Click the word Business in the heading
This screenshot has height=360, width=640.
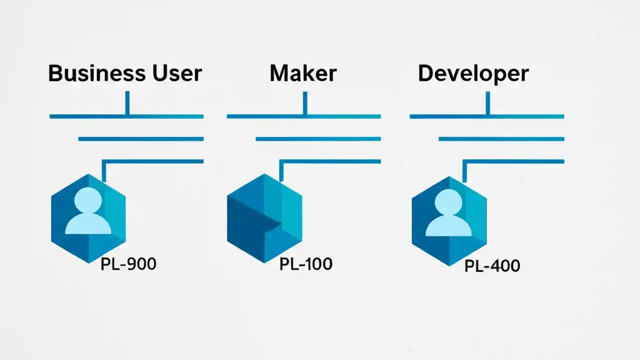(88, 73)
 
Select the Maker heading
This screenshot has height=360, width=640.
(303, 73)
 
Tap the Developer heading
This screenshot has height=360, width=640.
(473, 74)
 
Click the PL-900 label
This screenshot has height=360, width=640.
(128, 264)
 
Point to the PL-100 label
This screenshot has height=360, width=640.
(306, 263)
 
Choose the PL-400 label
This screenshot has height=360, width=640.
(492, 265)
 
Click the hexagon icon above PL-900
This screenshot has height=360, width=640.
(88, 218)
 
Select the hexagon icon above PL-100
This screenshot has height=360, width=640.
(264, 218)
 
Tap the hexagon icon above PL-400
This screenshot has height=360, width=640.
(449, 220)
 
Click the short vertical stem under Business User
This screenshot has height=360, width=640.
(127, 102)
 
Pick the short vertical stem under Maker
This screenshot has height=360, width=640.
(304, 102)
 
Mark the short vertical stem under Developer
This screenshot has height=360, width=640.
(487, 102)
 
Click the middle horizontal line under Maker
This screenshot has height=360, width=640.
(318, 139)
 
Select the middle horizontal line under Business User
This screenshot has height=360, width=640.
(141, 139)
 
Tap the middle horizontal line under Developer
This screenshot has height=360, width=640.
(501, 139)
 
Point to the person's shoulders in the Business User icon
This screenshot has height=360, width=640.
(88, 226)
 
